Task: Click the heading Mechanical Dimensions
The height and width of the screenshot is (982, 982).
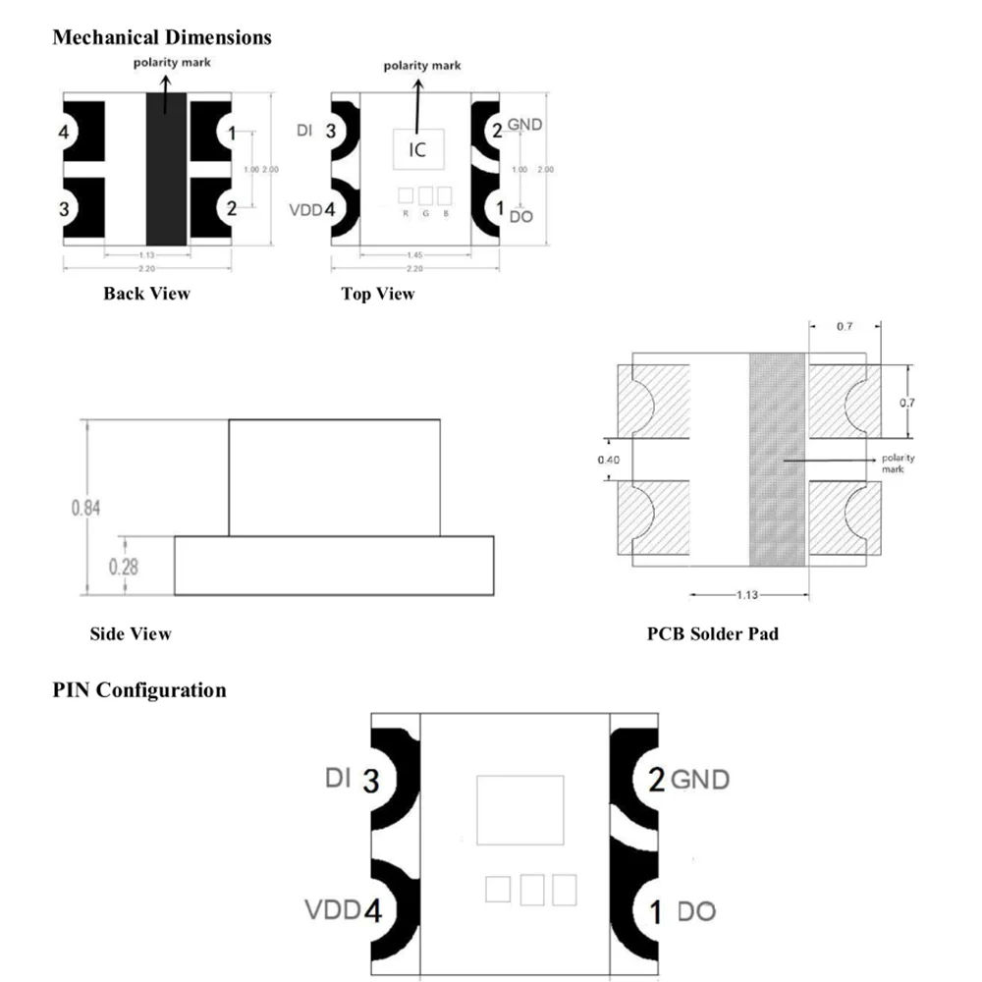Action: [162, 38]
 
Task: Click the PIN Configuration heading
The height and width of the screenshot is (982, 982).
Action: [139, 690]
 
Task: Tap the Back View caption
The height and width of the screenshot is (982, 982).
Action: [146, 294]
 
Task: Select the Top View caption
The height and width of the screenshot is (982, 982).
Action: [378, 294]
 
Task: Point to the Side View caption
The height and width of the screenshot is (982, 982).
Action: [131, 634]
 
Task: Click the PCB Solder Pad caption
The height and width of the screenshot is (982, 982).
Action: [713, 634]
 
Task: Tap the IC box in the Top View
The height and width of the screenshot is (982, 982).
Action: [417, 150]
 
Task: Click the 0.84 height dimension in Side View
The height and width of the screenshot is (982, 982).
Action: [85, 508]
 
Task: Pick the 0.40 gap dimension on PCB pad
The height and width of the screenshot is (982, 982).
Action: [609, 459]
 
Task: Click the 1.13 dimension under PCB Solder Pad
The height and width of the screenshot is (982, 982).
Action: [749, 595]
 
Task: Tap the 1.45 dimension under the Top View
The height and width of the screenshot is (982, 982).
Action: [415, 255]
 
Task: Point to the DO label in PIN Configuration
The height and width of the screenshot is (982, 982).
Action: [696, 912]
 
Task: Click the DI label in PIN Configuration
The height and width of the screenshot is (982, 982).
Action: [339, 780]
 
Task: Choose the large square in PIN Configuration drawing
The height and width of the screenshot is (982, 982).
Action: [519, 810]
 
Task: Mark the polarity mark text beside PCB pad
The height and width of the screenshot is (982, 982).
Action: [898, 464]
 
